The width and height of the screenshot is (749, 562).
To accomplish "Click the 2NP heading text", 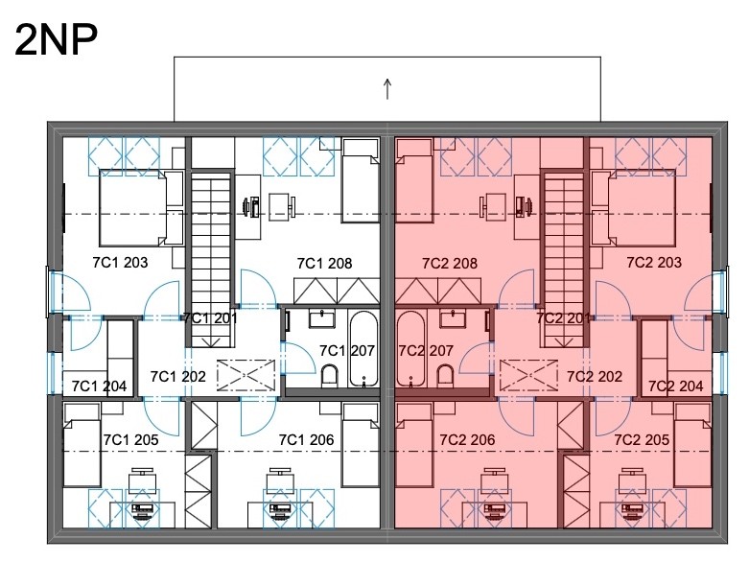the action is tap(57, 40).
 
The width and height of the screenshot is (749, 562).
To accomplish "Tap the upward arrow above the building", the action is tap(387, 89).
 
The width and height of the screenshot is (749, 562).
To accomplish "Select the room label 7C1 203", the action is tap(120, 262).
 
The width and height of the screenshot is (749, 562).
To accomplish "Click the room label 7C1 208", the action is tap(324, 263).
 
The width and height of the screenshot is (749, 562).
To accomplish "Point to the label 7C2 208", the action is tap(450, 263).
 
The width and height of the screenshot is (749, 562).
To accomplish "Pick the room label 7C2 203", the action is tap(654, 262).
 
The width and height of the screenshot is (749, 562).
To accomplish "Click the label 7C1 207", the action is tap(347, 351).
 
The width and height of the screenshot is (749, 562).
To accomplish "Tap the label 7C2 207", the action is tap(425, 351).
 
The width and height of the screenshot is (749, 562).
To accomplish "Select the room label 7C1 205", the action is tap(130, 440).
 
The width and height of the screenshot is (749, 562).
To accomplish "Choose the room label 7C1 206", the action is tap(306, 440).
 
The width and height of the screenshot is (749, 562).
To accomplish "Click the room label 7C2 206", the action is tap(467, 440).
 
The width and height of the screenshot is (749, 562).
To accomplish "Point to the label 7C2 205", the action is tap(642, 440).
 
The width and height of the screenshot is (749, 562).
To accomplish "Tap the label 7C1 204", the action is tap(99, 386).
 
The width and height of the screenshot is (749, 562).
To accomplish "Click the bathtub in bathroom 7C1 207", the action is tap(363, 348).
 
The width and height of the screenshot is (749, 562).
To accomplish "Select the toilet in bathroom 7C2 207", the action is tap(445, 376).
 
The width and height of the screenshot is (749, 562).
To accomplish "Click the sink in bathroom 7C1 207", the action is tap(321, 319).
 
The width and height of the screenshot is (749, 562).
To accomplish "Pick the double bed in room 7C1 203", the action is tap(141, 209).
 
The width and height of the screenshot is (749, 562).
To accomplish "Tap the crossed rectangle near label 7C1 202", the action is tap(246, 375).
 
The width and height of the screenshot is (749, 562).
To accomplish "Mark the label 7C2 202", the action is tap(595, 377).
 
